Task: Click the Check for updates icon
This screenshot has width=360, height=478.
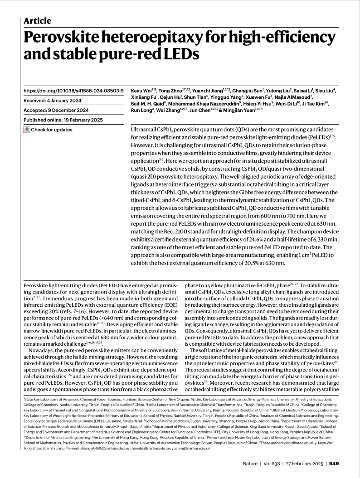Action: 27,130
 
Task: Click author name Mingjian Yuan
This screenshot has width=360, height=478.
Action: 237,110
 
